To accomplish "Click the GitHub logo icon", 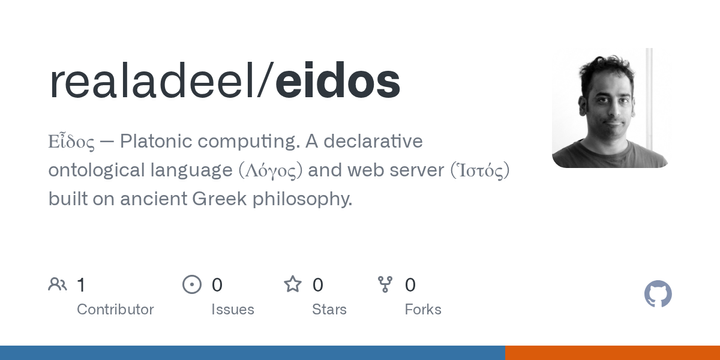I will (x=658, y=294).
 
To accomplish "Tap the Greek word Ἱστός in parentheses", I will (x=473, y=170).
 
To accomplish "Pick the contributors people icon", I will (x=58, y=285).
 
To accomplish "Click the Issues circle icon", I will (x=192, y=285).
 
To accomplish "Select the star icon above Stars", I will (x=293, y=285).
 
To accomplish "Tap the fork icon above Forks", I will (x=385, y=285).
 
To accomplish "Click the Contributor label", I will (x=115, y=309).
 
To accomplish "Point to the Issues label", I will (x=232, y=309).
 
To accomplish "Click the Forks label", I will (x=422, y=309).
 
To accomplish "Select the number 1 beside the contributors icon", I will (x=81, y=285).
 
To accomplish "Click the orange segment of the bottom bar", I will (x=612, y=352).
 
